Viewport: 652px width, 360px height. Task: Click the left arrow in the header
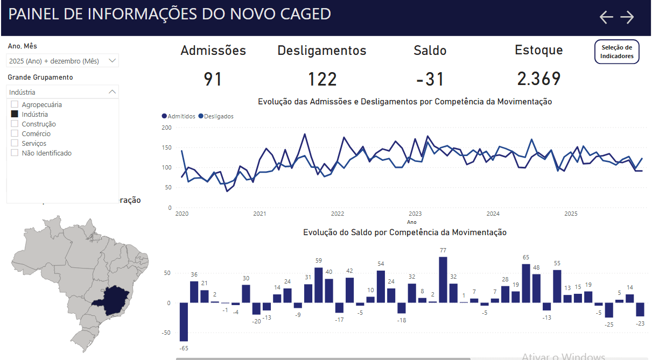click(x=606, y=17)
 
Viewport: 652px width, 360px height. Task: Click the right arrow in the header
click(x=627, y=17)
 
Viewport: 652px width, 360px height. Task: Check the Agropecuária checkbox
click(x=15, y=104)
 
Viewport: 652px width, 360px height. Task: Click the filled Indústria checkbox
click(x=15, y=114)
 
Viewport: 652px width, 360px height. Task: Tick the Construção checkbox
click(x=15, y=124)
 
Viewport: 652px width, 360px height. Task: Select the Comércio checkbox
click(x=15, y=133)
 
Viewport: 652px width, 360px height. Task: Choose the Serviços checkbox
click(x=15, y=143)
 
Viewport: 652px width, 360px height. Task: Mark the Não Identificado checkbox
click(x=15, y=153)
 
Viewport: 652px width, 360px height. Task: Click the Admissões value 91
click(x=213, y=80)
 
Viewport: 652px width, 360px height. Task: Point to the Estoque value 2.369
click(x=538, y=79)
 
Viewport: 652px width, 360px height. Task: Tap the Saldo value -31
click(x=430, y=80)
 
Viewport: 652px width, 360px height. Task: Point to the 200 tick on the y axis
click(x=166, y=128)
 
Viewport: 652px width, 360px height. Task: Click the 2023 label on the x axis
click(x=415, y=214)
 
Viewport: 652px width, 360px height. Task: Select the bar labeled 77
click(x=443, y=279)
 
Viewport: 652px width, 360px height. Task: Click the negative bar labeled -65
click(x=184, y=321)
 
